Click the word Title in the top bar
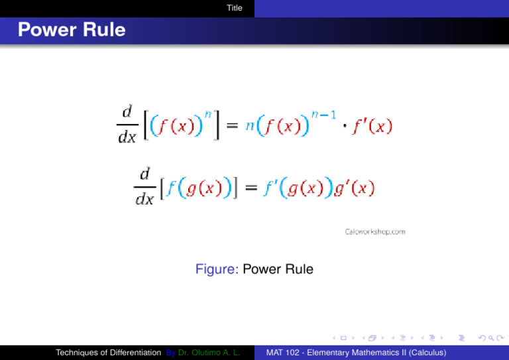[234, 8]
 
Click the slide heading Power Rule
[72, 30]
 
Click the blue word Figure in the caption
[218, 270]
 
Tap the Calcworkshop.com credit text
[375, 232]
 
